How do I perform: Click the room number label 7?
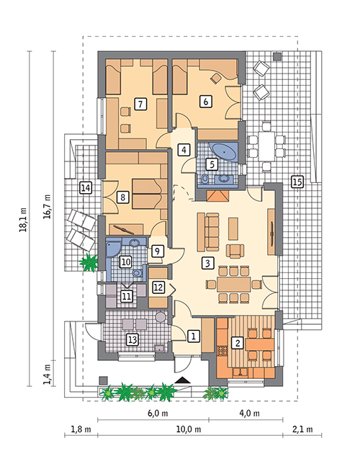point(140,104)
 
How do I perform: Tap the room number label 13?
point(132,339)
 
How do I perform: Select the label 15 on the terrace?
point(297,182)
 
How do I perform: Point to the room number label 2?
point(237,343)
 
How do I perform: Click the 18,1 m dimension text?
point(23,219)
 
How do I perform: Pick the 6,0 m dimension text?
point(158,413)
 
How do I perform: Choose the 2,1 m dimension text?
point(302,429)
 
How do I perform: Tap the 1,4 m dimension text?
point(48,374)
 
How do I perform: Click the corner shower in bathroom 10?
point(112,249)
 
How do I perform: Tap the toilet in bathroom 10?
point(138,273)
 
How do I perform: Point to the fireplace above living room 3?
point(217,197)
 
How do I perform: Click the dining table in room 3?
point(234,285)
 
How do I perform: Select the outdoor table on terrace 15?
point(266,146)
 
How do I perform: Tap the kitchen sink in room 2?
point(240,371)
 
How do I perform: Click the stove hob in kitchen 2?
point(222,350)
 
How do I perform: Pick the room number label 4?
point(184,149)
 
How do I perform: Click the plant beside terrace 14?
point(89,262)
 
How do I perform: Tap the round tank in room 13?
point(161,317)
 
